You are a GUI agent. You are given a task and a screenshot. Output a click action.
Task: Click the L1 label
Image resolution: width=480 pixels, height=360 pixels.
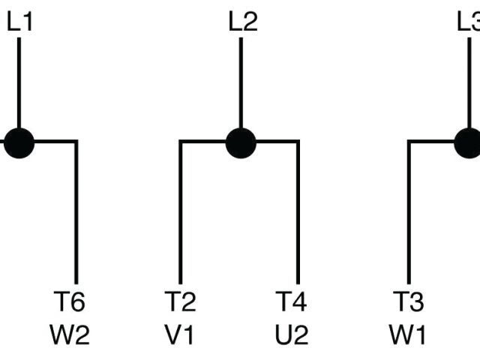pyautogui.click(x=19, y=22)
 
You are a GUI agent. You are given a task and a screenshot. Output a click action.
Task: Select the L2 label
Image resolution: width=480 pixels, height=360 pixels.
pyautogui.click(x=242, y=22)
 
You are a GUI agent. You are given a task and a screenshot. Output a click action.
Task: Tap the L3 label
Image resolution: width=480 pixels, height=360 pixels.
pyautogui.click(x=469, y=22)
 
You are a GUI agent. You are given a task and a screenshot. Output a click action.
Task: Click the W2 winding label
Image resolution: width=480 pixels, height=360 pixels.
pyautogui.click(x=71, y=334)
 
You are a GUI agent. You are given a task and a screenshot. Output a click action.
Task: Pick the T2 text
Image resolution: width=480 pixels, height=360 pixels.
pyautogui.click(x=180, y=302)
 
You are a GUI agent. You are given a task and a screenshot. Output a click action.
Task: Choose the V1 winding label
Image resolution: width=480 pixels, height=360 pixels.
pyautogui.click(x=180, y=334)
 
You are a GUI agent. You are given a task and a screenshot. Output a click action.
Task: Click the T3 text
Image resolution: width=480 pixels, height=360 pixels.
pyautogui.click(x=408, y=302)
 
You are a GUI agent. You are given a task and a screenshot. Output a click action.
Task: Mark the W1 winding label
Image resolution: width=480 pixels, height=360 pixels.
pyautogui.click(x=408, y=334)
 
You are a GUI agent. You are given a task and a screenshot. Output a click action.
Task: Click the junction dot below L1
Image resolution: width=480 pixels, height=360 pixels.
pyautogui.click(x=19, y=142)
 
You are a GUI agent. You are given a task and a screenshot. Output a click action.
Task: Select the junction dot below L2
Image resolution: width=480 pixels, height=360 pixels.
pyautogui.click(x=241, y=142)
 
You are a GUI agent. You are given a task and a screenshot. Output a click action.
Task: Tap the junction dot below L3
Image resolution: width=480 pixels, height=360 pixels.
pyautogui.click(x=471, y=142)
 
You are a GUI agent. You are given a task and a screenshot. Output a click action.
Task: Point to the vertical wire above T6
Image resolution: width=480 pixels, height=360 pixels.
pyautogui.click(x=76, y=210)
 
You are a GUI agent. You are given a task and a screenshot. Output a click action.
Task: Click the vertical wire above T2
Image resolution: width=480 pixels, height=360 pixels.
pyautogui.click(x=180, y=210)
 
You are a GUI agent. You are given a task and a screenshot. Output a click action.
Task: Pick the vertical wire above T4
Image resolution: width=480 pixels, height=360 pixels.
pyautogui.click(x=298, y=210)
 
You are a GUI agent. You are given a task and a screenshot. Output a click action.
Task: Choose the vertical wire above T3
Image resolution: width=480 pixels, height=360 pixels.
pyautogui.click(x=409, y=210)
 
